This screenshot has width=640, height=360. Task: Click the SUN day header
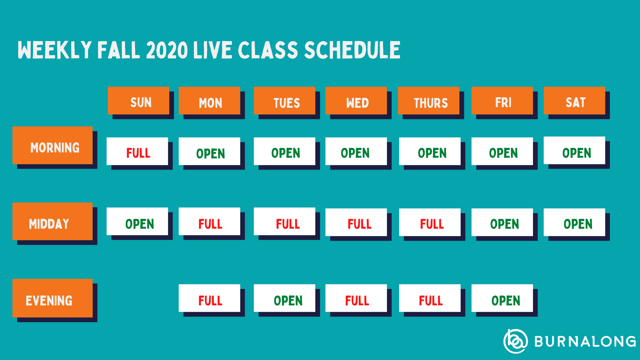click(138, 101)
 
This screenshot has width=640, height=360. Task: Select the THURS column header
click(428, 101)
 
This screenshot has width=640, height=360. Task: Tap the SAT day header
click(574, 101)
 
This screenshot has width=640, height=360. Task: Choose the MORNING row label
click(52, 145)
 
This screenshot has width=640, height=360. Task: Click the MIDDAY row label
click(52, 221)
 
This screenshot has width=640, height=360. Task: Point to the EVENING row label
click(52, 298)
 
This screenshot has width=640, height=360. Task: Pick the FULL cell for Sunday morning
click(137, 151)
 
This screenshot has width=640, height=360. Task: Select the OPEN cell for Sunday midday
click(137, 221)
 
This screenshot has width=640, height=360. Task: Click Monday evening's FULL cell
click(209, 298)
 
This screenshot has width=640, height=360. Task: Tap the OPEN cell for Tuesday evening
click(284, 298)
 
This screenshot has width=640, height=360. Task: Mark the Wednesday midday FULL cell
click(356, 222)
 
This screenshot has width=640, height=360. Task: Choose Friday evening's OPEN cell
click(502, 298)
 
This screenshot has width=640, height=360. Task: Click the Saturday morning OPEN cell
click(574, 150)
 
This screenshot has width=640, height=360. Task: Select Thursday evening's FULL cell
click(430, 298)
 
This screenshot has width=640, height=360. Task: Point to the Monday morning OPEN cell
click(209, 151)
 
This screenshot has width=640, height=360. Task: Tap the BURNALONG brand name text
click(585, 341)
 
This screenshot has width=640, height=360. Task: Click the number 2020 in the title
click(167, 50)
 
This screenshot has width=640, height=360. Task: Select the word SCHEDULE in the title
click(352, 50)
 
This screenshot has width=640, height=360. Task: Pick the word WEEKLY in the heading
click(55, 50)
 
